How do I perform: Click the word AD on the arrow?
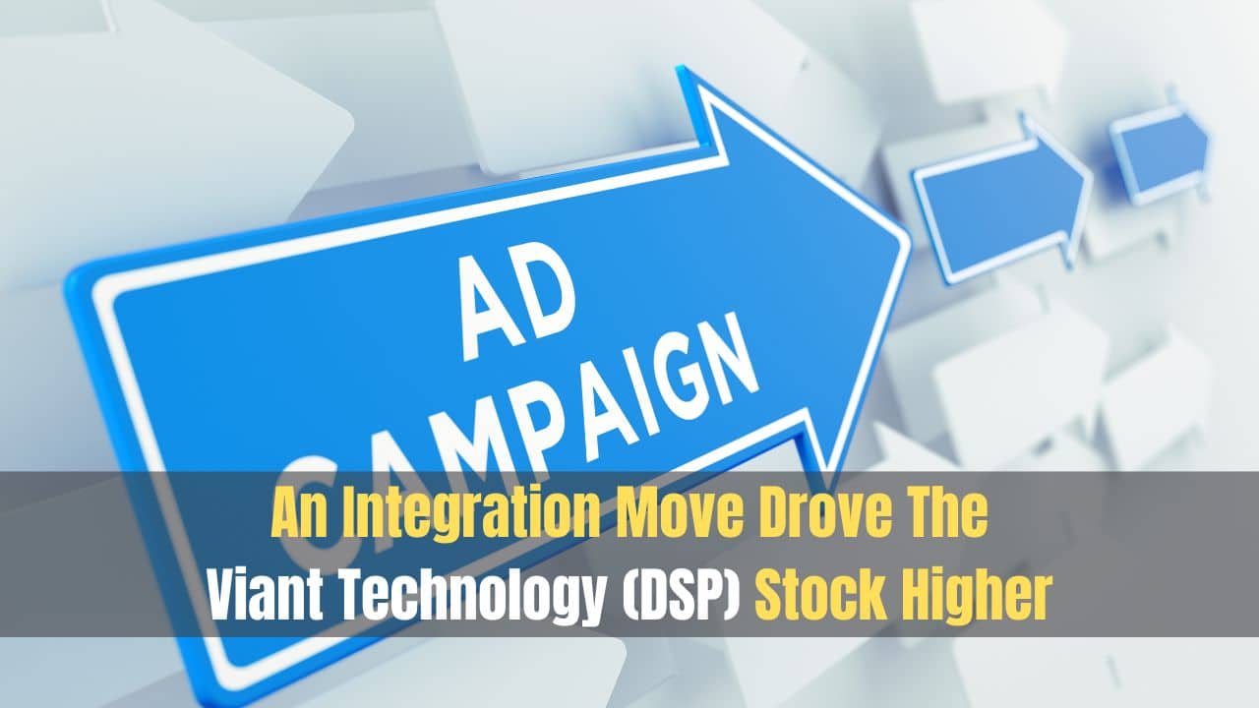516,306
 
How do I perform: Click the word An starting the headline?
300,513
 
